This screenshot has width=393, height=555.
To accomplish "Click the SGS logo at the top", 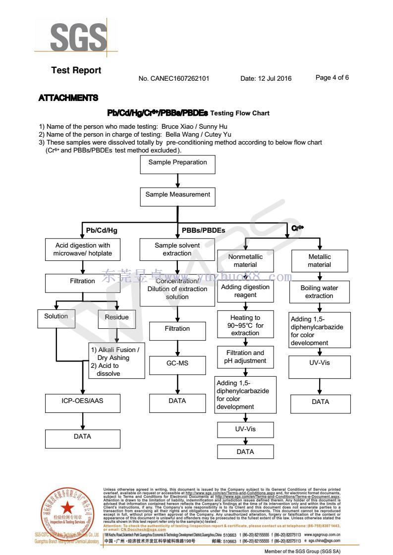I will (x=78, y=36).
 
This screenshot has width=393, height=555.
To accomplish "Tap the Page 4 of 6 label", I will (x=332, y=78).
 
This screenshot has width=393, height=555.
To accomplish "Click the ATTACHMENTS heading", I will (x=68, y=98).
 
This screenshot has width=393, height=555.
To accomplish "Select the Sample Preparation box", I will (x=177, y=162).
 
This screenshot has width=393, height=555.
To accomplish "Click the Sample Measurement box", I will (x=177, y=195).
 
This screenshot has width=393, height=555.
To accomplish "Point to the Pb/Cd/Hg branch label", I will (x=102, y=230).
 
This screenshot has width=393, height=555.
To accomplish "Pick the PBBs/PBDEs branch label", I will (x=203, y=230).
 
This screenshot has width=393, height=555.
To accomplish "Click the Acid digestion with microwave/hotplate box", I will (x=83, y=250).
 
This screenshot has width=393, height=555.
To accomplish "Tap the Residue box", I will (x=116, y=317).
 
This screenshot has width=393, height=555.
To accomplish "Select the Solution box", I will (x=56, y=317).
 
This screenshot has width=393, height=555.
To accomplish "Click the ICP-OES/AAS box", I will (x=83, y=402).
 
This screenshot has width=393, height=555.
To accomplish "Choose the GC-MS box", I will (x=177, y=364).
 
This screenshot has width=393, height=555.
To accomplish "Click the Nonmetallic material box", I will (x=245, y=260).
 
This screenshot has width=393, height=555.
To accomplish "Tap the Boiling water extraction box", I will (x=319, y=292).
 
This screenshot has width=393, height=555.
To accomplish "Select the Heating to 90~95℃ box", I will (x=245, y=325).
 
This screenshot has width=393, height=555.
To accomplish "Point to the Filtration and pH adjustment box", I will (x=245, y=356).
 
